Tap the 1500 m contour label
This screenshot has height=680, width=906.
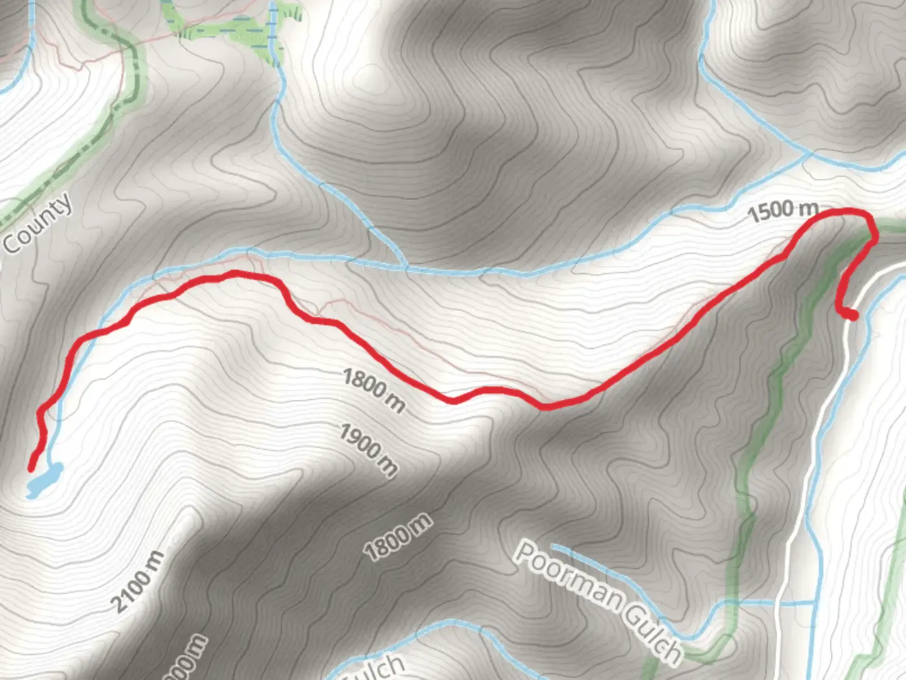coord(783,210)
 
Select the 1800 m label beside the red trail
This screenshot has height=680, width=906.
coord(374,391)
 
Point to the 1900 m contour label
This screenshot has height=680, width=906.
coord(369,450)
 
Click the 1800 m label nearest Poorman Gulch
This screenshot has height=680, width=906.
coord(398,537)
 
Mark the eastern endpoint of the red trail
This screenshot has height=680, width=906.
coord(853,316)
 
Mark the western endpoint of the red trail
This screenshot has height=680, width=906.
coord(31,468)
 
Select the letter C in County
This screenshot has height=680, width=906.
coord(12,242)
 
